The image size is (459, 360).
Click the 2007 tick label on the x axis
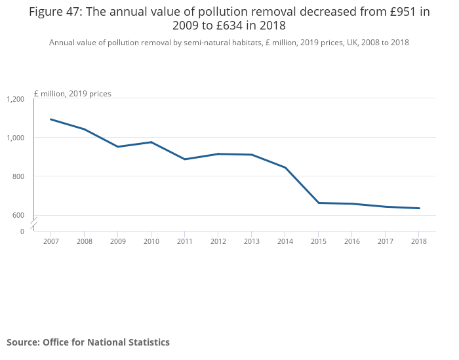click(50, 241)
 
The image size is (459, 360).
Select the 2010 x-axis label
click(151, 241)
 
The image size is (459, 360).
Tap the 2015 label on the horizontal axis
click(318, 241)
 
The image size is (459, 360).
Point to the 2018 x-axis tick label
click(419, 241)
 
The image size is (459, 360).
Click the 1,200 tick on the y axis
click(15, 99)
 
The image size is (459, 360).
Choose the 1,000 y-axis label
click(15, 138)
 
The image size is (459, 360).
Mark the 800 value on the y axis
click(18, 176)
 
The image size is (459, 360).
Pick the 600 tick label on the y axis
click(18, 215)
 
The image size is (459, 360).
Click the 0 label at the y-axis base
click(22, 231)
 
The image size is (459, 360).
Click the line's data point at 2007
click(50, 119)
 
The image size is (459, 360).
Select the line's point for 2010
click(151, 142)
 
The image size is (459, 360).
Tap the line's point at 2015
click(318, 203)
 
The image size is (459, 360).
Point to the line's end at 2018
click(419, 209)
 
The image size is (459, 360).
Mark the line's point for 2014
click(285, 167)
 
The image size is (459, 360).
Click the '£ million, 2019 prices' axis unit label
click(73, 94)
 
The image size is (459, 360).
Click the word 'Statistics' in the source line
click(147, 342)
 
